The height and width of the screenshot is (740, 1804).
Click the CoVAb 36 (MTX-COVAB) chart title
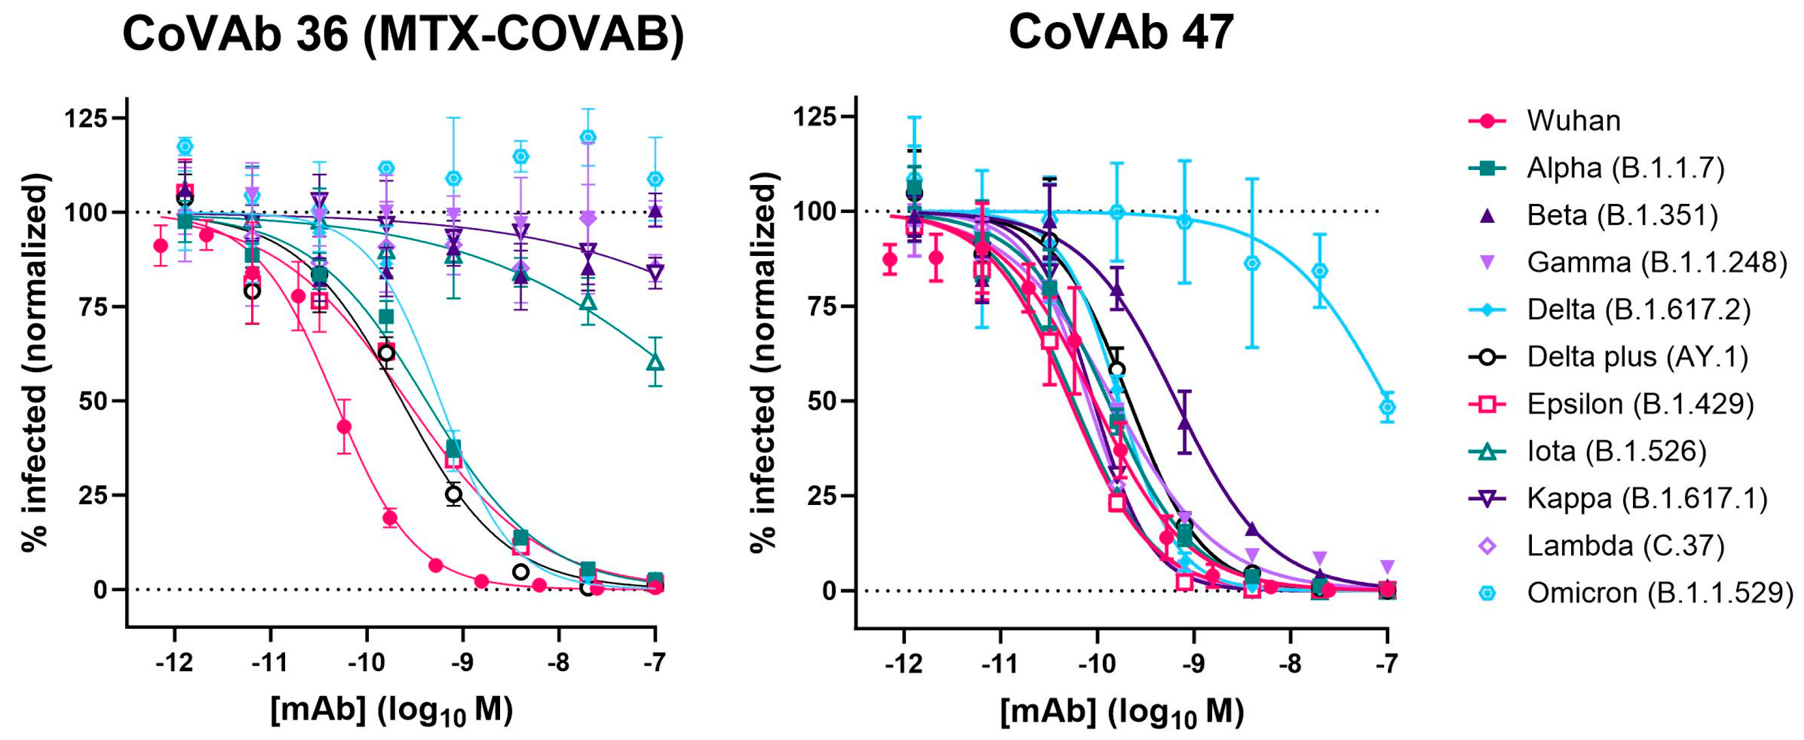pyautogui.click(x=403, y=33)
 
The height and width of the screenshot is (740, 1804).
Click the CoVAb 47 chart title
pyautogui.click(x=1121, y=32)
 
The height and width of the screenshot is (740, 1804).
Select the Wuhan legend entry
pyautogui.click(x=1573, y=120)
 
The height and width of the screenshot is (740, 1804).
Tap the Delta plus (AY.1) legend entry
pyautogui.click(x=1637, y=357)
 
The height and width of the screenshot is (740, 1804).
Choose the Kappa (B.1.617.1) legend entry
pyautogui.click(x=1646, y=499)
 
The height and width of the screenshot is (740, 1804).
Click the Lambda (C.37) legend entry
pyautogui.click(x=1625, y=545)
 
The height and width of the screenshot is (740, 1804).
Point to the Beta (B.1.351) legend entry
pyautogui.click(x=1622, y=215)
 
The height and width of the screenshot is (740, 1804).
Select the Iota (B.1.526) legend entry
pyautogui.click(x=1616, y=451)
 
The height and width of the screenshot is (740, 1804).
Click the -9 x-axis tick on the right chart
pyautogui.click(x=1193, y=663)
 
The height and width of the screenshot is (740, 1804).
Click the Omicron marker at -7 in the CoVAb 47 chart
pyautogui.click(x=1387, y=407)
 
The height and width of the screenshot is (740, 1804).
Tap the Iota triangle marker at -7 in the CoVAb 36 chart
pyautogui.click(x=655, y=362)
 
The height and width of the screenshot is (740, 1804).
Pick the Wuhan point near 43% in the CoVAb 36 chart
pyautogui.click(x=344, y=426)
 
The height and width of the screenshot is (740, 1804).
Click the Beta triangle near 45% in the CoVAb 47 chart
pyautogui.click(x=1184, y=423)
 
